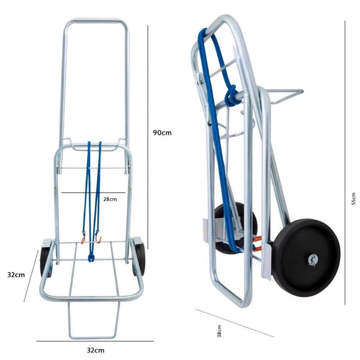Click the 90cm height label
[162, 133]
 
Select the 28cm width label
[110, 199]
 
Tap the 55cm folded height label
[354, 199]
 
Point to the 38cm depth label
[219, 331]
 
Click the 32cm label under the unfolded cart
[96, 351]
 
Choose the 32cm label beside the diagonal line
[16, 275]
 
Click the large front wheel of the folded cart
[307, 258]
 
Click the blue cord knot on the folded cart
[231, 96]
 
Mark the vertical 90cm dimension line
[148, 137]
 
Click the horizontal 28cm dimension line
[93, 193]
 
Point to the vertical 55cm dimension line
[345, 162]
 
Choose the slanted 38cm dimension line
[234, 323]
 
